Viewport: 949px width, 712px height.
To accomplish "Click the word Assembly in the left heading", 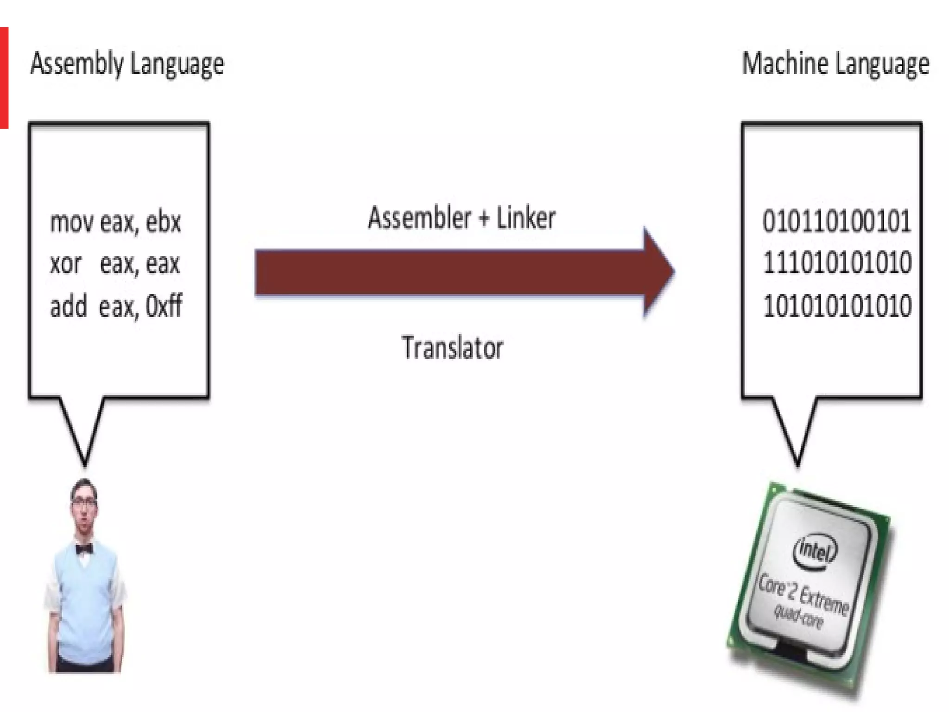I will click(76, 64).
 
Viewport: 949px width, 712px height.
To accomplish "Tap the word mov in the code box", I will click(71, 222).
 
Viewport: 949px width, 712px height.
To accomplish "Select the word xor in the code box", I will click(65, 264).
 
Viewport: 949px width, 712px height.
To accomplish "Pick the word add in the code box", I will click(68, 306).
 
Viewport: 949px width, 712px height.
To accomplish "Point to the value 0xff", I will click(164, 306).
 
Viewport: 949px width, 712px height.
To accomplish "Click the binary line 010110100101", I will click(836, 221).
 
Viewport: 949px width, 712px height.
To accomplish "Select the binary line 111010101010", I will click(836, 263).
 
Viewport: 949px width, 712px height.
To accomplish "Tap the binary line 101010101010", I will click(836, 306).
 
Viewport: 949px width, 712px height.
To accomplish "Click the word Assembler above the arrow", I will click(419, 218).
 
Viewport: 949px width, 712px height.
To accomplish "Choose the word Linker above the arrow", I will click(525, 218).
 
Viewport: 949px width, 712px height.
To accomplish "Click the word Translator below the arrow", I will click(452, 348).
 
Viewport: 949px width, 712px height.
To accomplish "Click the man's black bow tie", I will click(84, 549).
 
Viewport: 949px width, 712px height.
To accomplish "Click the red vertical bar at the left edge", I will click(4, 77).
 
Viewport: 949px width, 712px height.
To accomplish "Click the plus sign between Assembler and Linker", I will click(483, 218).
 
